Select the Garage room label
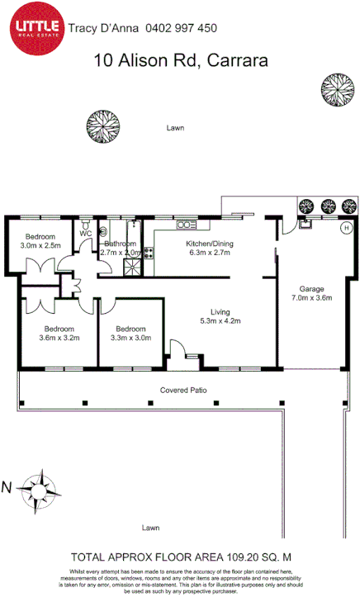click(x=310, y=289)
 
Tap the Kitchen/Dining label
click(x=211, y=244)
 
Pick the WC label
click(x=85, y=234)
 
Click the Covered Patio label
click(x=182, y=389)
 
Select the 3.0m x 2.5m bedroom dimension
click(x=40, y=245)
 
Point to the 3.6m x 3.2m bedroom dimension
click(x=58, y=337)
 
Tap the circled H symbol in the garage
click(x=346, y=226)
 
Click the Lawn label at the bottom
click(x=149, y=527)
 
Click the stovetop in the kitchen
click(x=149, y=253)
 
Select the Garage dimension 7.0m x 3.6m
click(x=310, y=298)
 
